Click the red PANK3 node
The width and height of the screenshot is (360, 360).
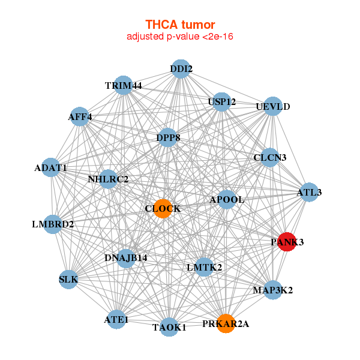[x=287, y=242]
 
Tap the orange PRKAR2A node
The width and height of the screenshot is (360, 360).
[x=226, y=323]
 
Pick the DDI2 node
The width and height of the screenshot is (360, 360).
[x=181, y=69]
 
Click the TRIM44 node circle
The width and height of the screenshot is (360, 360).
[x=123, y=85]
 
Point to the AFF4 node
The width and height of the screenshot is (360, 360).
[x=80, y=117]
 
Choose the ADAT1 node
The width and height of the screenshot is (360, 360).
[x=52, y=167]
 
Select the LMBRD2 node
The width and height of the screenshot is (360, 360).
[x=53, y=224]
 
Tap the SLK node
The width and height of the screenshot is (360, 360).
[x=68, y=279]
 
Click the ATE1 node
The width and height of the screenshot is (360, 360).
[x=116, y=319]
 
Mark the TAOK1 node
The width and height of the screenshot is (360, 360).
[x=169, y=327]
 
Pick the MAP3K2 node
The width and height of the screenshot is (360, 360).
[x=272, y=290]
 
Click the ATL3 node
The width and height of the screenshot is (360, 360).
[x=309, y=193]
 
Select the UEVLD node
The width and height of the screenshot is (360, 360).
[x=272, y=107]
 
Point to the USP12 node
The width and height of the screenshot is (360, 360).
[x=221, y=102]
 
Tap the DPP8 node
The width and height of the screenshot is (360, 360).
[x=168, y=138]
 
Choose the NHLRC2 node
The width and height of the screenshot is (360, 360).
[x=108, y=179]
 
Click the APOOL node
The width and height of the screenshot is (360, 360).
[x=227, y=199]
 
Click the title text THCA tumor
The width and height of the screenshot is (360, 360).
[x=179, y=25]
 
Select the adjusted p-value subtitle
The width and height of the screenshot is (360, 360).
[x=179, y=37]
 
